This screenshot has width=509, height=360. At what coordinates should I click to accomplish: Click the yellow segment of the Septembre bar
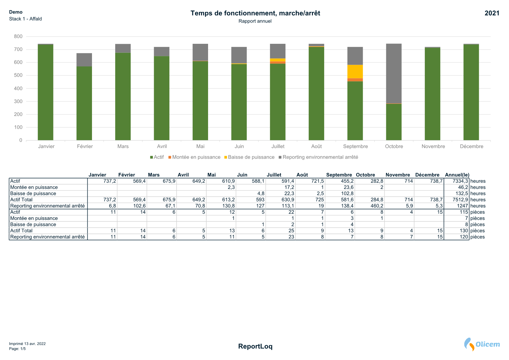click(355, 71)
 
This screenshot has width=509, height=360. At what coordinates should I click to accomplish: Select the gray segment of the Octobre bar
click(394, 73)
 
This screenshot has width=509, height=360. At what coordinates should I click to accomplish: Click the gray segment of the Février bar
click(84, 60)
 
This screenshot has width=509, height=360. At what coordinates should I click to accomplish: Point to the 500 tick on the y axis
click(18, 75)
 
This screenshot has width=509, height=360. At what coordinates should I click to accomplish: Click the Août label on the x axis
click(316, 146)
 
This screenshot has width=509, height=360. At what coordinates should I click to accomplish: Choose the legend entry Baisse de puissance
click(251, 157)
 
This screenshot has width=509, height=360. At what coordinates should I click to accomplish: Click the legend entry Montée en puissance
click(196, 157)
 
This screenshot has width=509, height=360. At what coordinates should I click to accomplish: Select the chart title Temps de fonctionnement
click(255, 13)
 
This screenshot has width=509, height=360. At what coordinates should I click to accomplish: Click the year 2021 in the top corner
click(492, 13)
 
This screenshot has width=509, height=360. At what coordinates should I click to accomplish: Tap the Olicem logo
click(482, 344)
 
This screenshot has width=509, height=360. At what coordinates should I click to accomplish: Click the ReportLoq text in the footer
click(255, 346)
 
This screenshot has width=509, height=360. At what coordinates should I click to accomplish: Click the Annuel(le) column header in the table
click(457, 175)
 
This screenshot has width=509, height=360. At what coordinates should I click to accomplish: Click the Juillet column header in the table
click(274, 175)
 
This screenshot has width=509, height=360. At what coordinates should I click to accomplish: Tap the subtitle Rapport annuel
click(255, 21)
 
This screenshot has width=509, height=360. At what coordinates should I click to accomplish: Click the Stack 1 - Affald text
click(26, 19)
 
